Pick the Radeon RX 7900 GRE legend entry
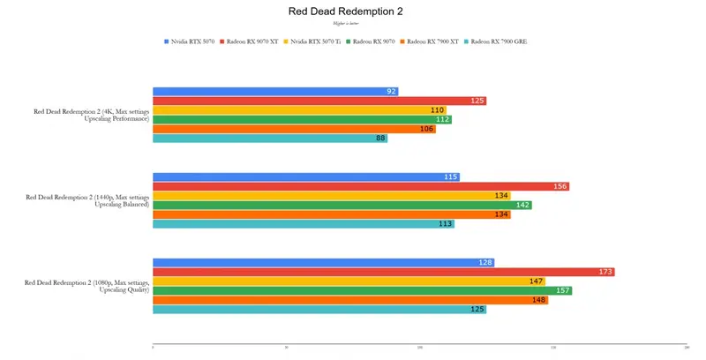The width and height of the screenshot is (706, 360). click(x=499, y=41)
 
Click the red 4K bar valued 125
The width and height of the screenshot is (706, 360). click(x=319, y=101)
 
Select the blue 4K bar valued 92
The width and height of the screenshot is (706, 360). click(x=274, y=91)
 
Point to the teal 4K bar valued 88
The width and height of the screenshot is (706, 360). click(x=269, y=138)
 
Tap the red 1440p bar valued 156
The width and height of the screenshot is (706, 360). click(x=360, y=186)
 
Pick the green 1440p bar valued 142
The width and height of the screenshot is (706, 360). click(x=342, y=205)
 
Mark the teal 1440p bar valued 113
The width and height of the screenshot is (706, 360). click(x=303, y=224)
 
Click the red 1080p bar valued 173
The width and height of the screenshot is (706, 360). click(x=383, y=272)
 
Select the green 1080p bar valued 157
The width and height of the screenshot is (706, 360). click(x=362, y=290)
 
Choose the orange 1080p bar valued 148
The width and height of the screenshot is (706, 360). click(x=349, y=300)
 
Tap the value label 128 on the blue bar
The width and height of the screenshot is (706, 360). click(x=484, y=262)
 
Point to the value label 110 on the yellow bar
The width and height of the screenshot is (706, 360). click(x=438, y=110)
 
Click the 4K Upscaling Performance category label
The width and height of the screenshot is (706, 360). click(x=91, y=115)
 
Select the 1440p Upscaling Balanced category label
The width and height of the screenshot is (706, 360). click(x=87, y=200)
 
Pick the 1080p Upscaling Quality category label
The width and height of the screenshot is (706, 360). click(x=86, y=286)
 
